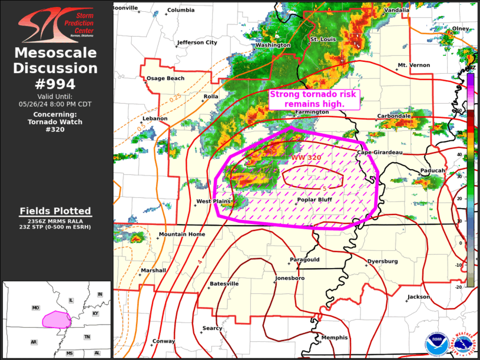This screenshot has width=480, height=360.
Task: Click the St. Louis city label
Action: pyautogui.click(x=322, y=39)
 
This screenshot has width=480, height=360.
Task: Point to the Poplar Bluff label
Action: pyautogui.click(x=314, y=200)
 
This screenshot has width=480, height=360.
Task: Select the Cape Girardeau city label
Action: pyautogui.click(x=380, y=153)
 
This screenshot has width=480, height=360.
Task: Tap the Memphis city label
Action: pyautogui.click(x=335, y=338)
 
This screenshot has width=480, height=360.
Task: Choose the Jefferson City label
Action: pyautogui.click(x=197, y=42)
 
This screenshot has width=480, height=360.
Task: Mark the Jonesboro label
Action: pyautogui.click(x=290, y=278)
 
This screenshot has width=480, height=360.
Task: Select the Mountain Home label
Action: pyautogui.click(x=181, y=235)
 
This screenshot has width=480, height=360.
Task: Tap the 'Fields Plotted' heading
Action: pyautogui.click(x=55, y=211)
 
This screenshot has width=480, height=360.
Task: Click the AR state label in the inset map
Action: pyautogui.click(x=34, y=342)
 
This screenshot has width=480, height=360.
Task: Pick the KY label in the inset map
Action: pyautogui.click(x=95, y=313)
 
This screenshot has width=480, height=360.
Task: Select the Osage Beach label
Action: pyautogui.click(x=165, y=78)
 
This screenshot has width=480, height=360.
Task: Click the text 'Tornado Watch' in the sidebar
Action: pyautogui.click(x=55, y=122)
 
